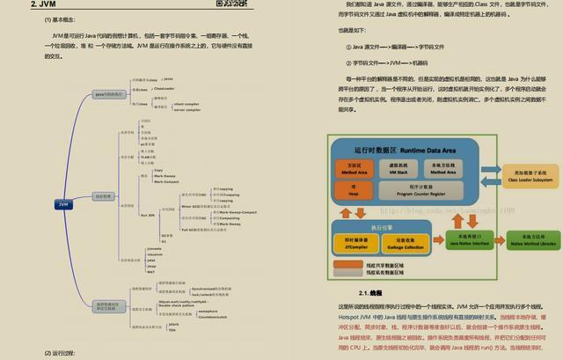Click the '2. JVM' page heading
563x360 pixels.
43,4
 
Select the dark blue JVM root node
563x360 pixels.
63,204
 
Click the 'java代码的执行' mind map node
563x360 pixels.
112,92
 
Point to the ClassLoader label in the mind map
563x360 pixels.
164,88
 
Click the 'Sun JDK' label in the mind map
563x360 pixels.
148,214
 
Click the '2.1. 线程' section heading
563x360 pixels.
369,292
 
